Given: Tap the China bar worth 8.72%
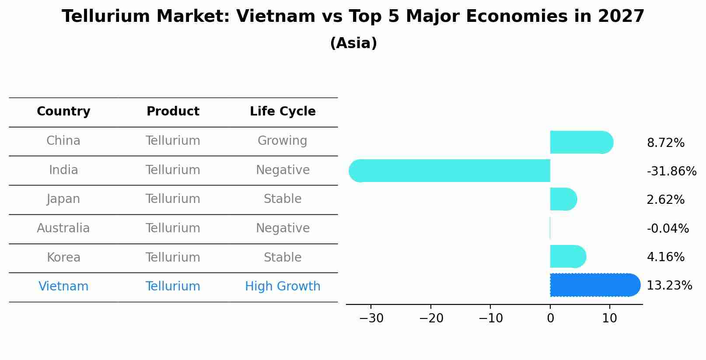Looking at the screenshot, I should pos(581,143).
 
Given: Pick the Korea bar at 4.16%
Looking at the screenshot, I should pos(568,257).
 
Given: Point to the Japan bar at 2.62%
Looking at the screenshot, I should pos(563,199).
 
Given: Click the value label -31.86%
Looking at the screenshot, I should pos(671,171).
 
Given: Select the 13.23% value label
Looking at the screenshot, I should pos(669,286).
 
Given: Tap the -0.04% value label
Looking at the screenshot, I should pos(668,229).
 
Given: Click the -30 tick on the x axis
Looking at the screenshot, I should pos(371,318).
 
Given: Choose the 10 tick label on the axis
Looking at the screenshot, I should pos(609,318).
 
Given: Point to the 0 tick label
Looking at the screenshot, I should pos(550,318).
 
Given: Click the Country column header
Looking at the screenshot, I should pos(63,112).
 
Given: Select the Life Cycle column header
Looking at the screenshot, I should pos(283,112).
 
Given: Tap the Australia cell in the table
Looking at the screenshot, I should pos(63,228).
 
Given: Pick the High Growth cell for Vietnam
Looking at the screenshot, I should pos(283,287).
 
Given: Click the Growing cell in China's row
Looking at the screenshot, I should pos(283,141).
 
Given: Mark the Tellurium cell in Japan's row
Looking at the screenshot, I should pos(173,199).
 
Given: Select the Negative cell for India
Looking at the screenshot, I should pos(283,170).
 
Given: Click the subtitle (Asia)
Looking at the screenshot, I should pos(353,43).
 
